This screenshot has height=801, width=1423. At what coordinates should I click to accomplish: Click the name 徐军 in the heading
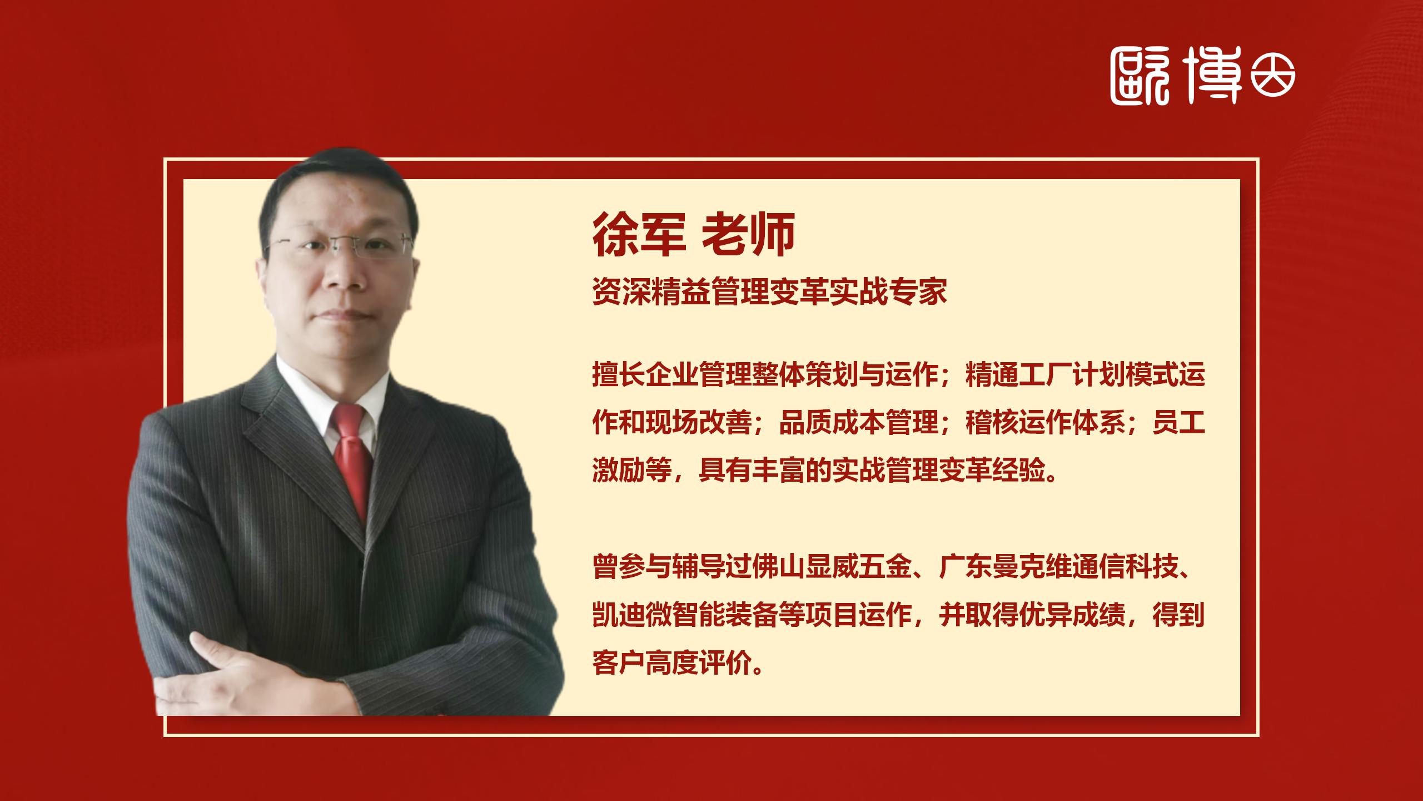[x=638, y=235]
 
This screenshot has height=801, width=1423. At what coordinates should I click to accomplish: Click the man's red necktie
[x=351, y=456]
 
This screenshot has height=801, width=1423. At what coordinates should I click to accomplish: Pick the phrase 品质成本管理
[x=858, y=424]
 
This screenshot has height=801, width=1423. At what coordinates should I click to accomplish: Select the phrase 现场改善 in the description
[x=698, y=424]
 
